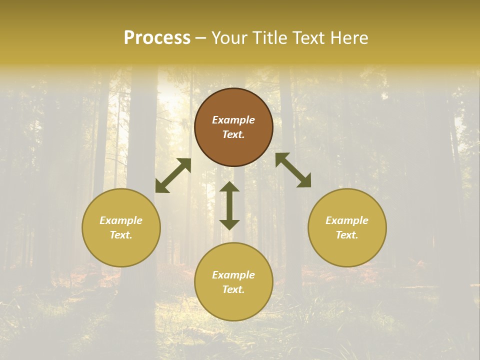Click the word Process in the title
[x=157, y=38]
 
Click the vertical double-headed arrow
[x=229, y=205]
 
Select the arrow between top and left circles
[x=173, y=175]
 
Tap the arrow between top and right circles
[x=293, y=170]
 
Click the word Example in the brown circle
[x=233, y=120]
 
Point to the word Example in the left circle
[x=121, y=220]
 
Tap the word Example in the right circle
[x=347, y=220]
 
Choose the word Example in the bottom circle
[x=233, y=275]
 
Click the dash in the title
[x=201, y=38]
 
